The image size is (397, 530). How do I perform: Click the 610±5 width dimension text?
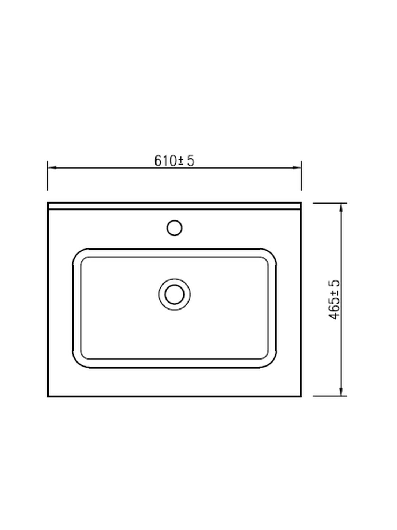tap(174, 160)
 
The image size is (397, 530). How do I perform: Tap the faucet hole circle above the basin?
tap(174, 228)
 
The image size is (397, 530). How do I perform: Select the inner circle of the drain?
tap(174, 294)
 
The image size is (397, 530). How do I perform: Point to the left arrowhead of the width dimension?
tap(52, 167)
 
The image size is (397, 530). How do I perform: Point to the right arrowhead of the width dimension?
tap(297, 167)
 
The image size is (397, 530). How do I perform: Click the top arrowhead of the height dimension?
tap(341, 208)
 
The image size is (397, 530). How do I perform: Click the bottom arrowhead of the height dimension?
tap(341, 391)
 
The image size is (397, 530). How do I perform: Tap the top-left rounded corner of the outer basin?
tap(78, 254)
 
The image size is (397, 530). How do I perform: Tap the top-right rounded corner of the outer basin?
tap(271, 254)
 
